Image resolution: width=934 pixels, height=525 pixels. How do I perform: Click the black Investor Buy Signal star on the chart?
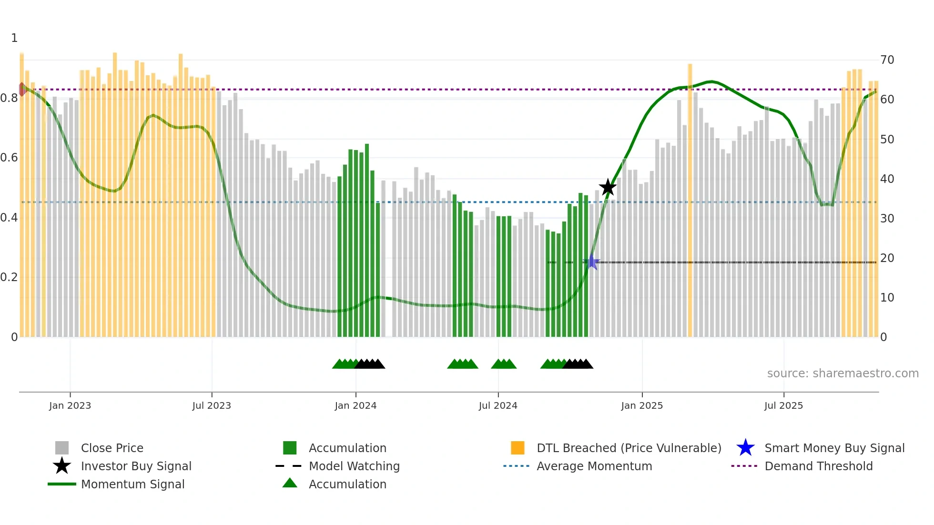coord(608,188)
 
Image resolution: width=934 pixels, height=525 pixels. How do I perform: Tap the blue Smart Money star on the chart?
coord(591,262)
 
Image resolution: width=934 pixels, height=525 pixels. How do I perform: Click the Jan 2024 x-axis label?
coord(355,405)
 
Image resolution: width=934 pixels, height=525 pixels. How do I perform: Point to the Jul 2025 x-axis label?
coord(783,405)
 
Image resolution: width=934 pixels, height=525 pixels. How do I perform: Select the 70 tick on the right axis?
coord(887,60)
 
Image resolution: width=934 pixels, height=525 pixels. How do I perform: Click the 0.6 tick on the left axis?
coord(9,158)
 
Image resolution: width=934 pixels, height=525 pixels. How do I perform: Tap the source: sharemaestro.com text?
coord(843,374)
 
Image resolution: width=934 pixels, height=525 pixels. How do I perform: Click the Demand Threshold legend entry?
coord(818,466)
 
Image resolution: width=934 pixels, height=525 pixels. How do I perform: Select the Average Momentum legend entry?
coord(594,466)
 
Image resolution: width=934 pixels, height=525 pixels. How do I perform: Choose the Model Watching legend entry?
coord(354,466)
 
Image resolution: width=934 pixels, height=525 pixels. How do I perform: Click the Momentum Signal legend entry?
coord(132,484)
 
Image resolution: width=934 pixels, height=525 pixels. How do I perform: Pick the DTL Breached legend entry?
coord(629,448)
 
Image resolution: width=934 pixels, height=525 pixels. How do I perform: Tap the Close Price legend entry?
coord(112,448)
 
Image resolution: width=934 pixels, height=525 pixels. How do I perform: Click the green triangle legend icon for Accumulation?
coord(290,483)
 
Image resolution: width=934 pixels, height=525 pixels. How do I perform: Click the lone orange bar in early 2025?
coord(690,200)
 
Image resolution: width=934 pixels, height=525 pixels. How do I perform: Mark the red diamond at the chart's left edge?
coord(22,89)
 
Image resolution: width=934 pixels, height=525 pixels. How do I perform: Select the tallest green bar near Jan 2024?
coord(367,238)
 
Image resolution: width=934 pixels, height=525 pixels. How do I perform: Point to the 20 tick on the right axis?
coord(887,258)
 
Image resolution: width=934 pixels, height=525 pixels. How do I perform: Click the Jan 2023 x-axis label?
coord(70,405)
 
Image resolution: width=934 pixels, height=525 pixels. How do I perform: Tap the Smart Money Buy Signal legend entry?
coord(834,448)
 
